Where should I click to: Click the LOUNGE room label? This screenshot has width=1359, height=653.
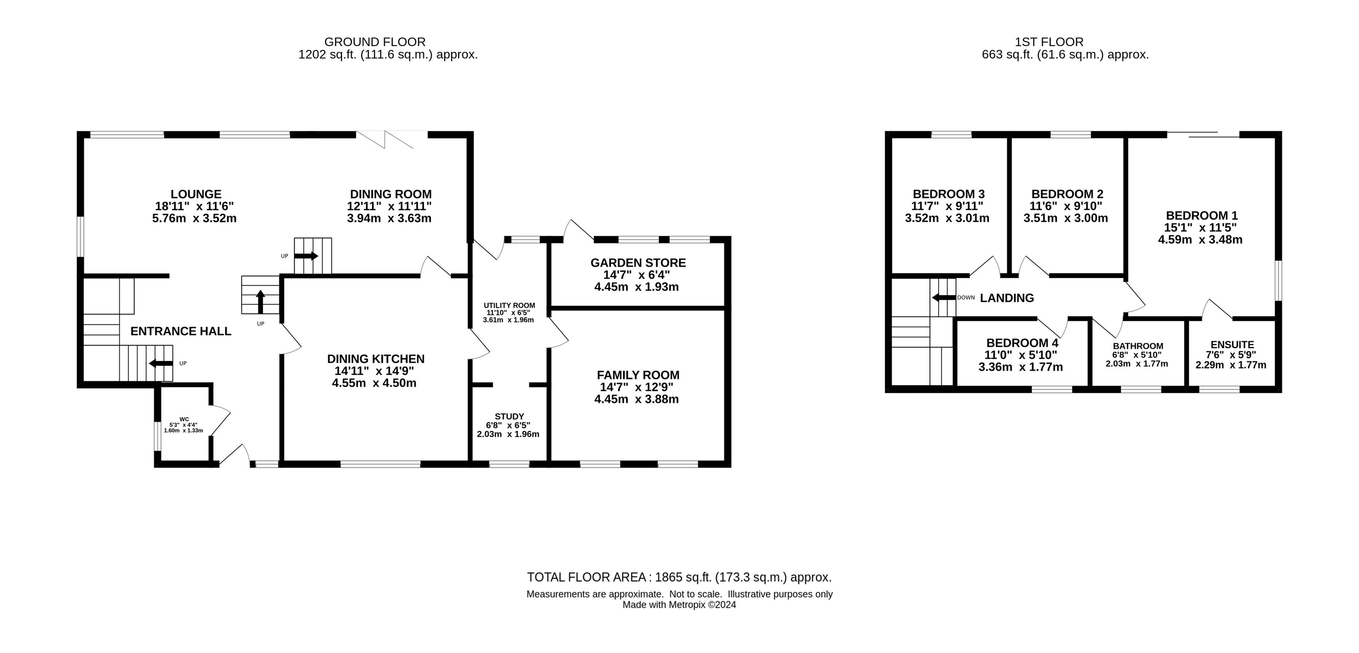click(196, 194)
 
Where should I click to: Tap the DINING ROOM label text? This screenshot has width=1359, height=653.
click(391, 194)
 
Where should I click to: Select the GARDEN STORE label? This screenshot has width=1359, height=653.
click(638, 263)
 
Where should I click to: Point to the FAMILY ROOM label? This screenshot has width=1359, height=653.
click(638, 375)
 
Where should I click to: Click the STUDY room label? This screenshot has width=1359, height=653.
click(509, 416)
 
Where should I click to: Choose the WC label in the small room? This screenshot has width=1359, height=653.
click(184, 419)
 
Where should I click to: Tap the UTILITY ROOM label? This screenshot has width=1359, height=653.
click(509, 306)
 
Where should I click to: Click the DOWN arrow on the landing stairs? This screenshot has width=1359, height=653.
click(944, 298)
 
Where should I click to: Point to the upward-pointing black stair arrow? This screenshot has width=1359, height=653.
click(260, 302)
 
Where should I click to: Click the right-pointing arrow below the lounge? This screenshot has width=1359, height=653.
click(306, 256)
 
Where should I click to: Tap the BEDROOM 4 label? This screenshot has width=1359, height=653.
click(1022, 343)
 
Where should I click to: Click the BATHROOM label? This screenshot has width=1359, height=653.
click(1138, 346)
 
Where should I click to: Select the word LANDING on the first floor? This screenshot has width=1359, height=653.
click(1006, 298)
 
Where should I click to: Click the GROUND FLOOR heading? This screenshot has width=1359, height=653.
click(375, 42)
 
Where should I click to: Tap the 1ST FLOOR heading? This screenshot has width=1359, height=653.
click(1049, 42)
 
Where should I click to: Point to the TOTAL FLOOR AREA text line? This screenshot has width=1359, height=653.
click(679, 577)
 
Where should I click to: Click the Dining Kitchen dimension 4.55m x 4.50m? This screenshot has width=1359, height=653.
click(374, 383)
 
